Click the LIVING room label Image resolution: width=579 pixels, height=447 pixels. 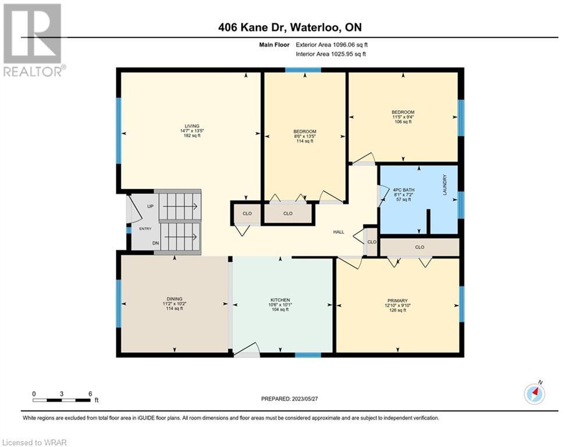coord(192,126)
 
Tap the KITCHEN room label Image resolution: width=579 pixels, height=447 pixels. coord(280,300)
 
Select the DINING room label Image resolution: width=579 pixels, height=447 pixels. coord(175,299)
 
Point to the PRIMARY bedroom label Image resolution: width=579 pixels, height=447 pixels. coord(397,301)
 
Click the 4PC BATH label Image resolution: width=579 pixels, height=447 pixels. coord(404,190)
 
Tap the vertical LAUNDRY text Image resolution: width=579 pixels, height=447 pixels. coord(445,185)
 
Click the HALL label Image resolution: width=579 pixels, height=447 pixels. coord(339,232)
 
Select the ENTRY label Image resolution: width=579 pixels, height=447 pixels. coord(145,229)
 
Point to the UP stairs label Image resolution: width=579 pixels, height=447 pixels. coord(150,206)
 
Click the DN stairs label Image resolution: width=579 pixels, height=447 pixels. coord(155,243)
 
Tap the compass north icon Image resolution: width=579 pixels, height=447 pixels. coord(534,393)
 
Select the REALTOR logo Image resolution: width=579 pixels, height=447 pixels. coord(34,40)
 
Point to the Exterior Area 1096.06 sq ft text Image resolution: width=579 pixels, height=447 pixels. coord(332,45)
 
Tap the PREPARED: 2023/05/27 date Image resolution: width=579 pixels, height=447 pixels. coord(290,399)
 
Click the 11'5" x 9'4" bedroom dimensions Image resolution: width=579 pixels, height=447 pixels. coord(403,117)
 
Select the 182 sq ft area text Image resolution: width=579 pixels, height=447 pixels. coord(192,136)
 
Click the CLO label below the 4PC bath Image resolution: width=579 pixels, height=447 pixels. coord(420,247)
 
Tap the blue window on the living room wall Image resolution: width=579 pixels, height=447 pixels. coord(119,130)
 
